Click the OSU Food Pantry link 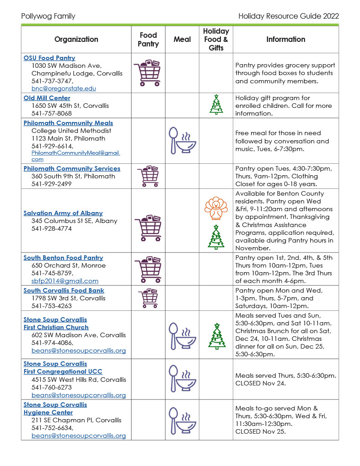pyautogui.click(x=49, y=58)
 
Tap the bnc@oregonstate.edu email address pyautogui.click(x=64, y=89)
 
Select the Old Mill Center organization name pyautogui.click(x=47, y=98)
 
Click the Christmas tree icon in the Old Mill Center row pyautogui.click(x=216, y=104)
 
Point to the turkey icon pyautogui.click(x=216, y=208)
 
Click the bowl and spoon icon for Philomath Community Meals pyautogui.click(x=182, y=140)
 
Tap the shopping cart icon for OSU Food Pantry pyautogui.click(x=147, y=73)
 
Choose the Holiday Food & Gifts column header pyautogui.click(x=216, y=39)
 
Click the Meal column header pyautogui.click(x=182, y=39)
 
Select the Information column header pyautogui.click(x=285, y=39)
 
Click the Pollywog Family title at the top pyautogui.click(x=48, y=16)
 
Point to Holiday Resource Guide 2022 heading pyautogui.click(x=289, y=16)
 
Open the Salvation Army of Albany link pyautogui.click(x=63, y=213)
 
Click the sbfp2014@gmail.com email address pyautogui.click(x=65, y=281)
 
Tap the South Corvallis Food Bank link pyautogui.click(x=64, y=290)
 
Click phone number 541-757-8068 pyautogui.click(x=51, y=113)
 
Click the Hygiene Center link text pyautogui.click(x=48, y=412)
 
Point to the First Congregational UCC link pyautogui.click(x=56, y=371)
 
